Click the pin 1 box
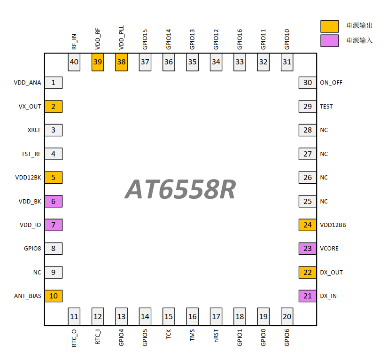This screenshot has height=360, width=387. (54, 83)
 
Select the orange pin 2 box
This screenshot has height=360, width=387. (54, 107)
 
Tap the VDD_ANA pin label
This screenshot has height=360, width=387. (27, 83)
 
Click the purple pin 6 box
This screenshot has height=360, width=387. (54, 202)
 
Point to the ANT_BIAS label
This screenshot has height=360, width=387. (27, 296)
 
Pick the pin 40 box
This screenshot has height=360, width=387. (74, 62)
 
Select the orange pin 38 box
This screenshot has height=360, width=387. (122, 62)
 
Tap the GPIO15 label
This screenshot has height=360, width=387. (145, 39)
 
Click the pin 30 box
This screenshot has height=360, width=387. (308, 83)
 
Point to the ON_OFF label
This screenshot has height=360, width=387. (331, 83)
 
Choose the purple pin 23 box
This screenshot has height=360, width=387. (308, 249)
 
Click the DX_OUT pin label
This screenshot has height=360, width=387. (331, 273)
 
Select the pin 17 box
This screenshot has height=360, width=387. (216, 316)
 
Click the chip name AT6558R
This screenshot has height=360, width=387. (180, 190)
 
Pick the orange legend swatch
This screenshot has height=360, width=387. (329, 26)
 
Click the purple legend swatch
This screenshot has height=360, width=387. (329, 40)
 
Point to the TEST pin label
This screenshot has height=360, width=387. (326, 107)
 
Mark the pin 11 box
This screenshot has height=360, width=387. (74, 316)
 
